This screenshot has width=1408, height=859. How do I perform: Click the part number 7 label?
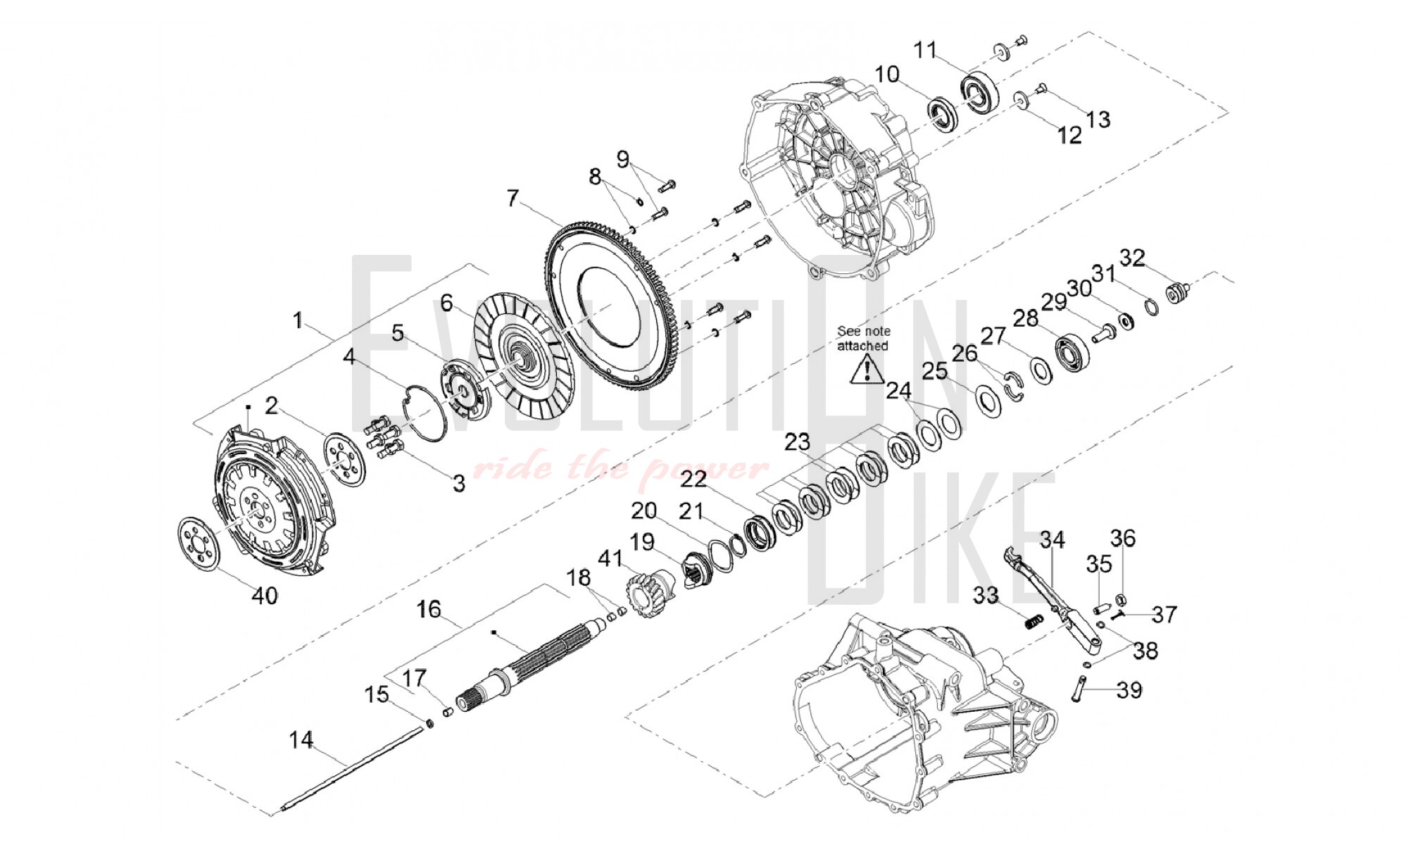click(513, 198)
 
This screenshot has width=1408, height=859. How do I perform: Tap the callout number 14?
click(301, 740)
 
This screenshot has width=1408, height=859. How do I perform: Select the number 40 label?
click(265, 596)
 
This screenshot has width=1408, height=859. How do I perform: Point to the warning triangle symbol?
click(867, 370)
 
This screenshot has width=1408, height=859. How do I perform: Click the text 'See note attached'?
click(863, 338)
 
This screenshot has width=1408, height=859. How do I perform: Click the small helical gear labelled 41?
click(643, 594)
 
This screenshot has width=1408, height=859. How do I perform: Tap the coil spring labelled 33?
click(1033, 622)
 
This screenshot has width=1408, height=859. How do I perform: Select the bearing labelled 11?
click(979, 90)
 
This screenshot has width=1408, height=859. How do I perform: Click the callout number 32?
click(1132, 258)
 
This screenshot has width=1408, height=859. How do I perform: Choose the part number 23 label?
click(798, 442)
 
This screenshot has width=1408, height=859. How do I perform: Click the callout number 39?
click(1129, 690)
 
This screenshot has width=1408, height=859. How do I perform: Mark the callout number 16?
click(429, 608)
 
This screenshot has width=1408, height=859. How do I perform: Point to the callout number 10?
click(887, 74)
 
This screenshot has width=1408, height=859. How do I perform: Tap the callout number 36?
click(1123, 539)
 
